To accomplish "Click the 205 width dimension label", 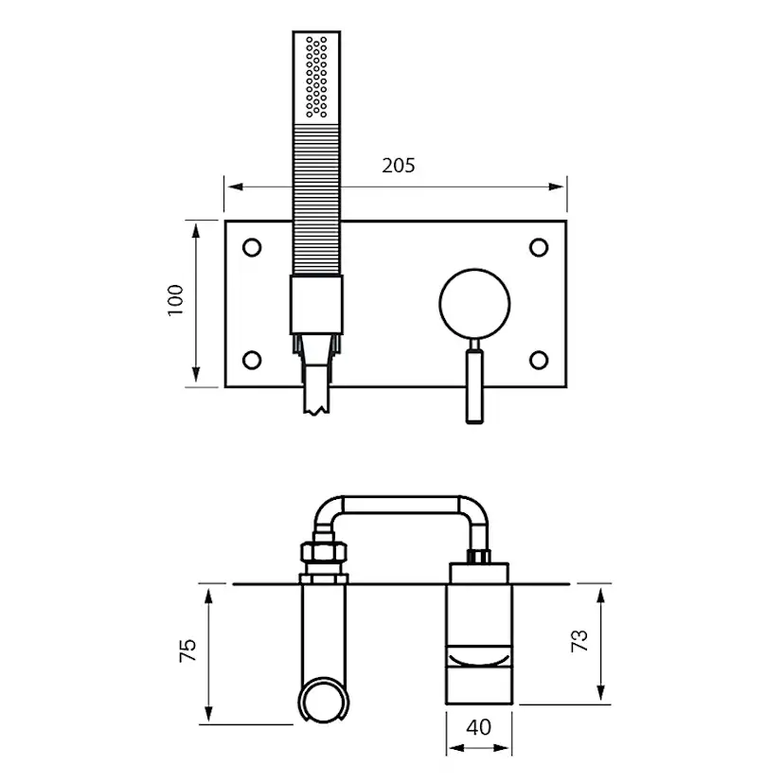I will click(399, 165).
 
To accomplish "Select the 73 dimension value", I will click(579, 640).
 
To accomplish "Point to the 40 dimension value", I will click(479, 727).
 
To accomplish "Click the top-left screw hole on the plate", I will click(252, 247).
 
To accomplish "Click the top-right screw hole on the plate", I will click(539, 247).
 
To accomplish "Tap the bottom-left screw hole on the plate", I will click(252, 360).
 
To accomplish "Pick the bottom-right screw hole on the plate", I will click(539, 360).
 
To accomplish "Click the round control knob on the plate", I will click(474, 302).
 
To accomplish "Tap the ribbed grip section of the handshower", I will click(315, 199).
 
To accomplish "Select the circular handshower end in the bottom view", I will click(323, 702).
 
